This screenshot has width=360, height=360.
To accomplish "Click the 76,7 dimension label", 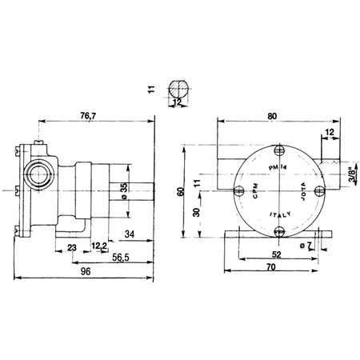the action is click(x=88, y=116).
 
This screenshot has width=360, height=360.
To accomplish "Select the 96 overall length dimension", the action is click(x=86, y=271).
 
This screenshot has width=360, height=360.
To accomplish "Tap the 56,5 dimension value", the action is click(x=121, y=258).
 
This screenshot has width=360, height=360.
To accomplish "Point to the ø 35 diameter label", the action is click(x=124, y=191).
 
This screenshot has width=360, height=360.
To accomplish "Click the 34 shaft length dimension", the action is click(x=130, y=234).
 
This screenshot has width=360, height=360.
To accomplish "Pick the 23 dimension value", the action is click(x=72, y=248).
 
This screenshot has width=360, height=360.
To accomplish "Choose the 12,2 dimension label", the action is click(x=99, y=246).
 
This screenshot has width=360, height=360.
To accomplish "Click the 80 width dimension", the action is click(x=272, y=116).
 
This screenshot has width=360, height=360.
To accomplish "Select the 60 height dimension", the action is click(x=181, y=192).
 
